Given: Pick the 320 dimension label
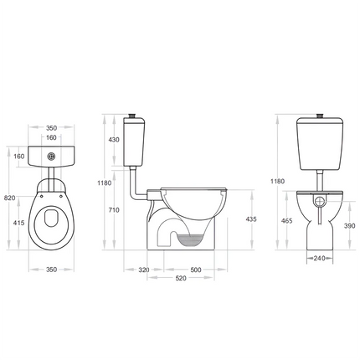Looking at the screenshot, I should (143, 270).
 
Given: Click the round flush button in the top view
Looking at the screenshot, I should (52, 155).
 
